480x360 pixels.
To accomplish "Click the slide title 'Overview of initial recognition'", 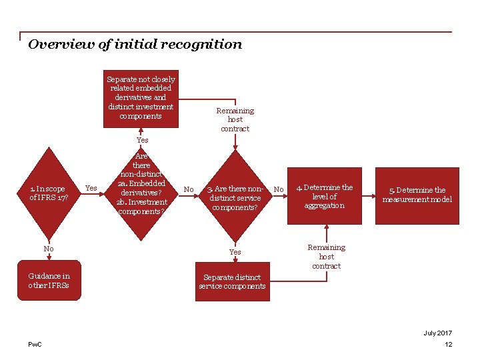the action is coord(135,45).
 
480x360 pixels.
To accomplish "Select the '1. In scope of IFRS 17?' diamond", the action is coord(48,193).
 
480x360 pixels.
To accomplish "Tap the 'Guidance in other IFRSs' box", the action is coord(49,280).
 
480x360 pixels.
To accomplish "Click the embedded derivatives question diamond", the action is coord(141,184).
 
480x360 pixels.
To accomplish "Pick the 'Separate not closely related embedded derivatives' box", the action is coord(141,97).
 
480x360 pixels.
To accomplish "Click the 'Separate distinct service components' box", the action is coord(232,281).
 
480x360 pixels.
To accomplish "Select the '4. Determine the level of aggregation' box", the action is coord(325,196).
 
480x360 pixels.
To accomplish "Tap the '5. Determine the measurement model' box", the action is coord(417,195).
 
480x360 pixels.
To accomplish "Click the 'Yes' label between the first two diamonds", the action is coord(92,189).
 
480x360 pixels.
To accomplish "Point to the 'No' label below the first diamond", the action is coord(49,249).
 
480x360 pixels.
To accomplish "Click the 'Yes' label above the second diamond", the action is coord(142,140).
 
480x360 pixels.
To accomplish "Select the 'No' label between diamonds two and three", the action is coord(189,190).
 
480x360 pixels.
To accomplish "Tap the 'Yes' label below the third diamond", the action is coord(235,252).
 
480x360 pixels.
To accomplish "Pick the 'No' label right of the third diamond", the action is coord(279,190).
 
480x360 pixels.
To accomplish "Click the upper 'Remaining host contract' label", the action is coord(235,119).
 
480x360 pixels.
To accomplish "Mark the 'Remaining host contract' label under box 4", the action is coord(326,257).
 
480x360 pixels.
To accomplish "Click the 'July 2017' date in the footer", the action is coord(437,333).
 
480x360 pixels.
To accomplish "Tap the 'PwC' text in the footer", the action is coord(35,344).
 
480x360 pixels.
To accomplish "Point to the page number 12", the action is coord(448,344).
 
